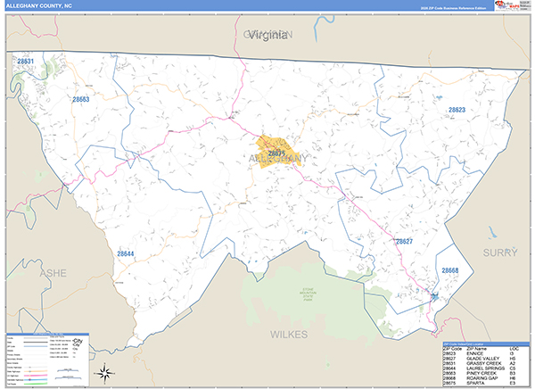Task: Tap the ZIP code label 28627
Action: tap(404, 241)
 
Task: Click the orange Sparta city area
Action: tap(276, 150)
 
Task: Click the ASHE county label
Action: tap(53, 273)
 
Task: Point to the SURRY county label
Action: tap(499, 252)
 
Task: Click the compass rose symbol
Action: tap(103, 371)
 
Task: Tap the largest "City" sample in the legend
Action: tap(81, 343)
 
